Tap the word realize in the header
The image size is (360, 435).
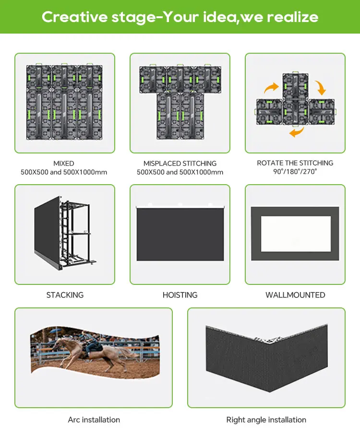(x=293, y=17)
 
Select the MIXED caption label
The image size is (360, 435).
(x=64, y=164)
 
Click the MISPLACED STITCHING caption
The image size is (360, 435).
(x=180, y=164)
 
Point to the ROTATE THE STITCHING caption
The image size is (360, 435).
(x=295, y=163)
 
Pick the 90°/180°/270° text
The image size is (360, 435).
(x=295, y=171)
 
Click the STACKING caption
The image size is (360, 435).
(x=65, y=295)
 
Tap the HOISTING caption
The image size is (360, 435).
(x=180, y=295)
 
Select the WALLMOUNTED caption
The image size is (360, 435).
(x=295, y=295)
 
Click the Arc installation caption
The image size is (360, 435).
(x=94, y=420)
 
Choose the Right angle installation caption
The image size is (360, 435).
(x=266, y=420)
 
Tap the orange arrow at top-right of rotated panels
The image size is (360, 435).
(x=320, y=88)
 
